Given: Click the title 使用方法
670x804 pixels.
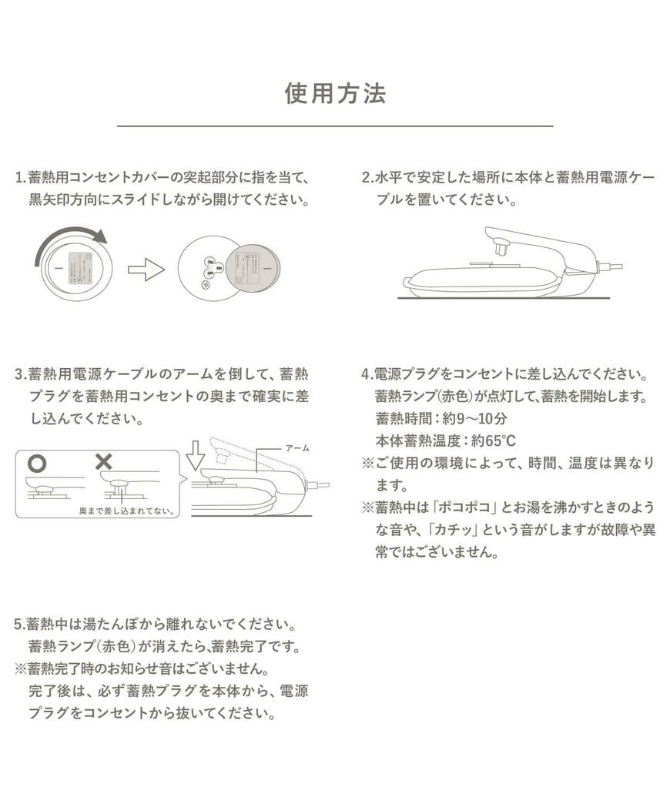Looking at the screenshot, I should pos(335,93).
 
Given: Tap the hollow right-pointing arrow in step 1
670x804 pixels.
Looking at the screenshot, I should pos(146,270).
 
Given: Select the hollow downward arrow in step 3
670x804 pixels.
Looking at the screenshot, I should pos(196,456).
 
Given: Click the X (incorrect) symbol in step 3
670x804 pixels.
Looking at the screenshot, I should pos(102,462).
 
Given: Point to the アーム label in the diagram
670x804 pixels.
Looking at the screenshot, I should pos(296,447).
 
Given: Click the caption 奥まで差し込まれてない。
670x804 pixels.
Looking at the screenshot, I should pos(127,511).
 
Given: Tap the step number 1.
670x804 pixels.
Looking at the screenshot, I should pos(18,178).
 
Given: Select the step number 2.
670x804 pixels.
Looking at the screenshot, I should pos(366,178).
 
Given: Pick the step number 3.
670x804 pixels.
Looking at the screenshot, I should pos(18,375).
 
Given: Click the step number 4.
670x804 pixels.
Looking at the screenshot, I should pos(366,375).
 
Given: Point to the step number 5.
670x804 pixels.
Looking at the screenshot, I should pos(18,624).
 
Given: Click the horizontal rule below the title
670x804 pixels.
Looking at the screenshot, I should pos(335,126).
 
